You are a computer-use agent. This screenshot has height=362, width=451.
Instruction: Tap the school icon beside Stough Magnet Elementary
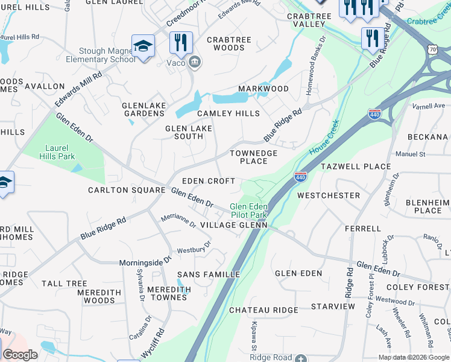pos(143,46)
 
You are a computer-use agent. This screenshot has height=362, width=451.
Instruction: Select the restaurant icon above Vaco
pos(181,42)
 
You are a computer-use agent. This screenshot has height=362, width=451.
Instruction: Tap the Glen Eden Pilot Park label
pos(248,211)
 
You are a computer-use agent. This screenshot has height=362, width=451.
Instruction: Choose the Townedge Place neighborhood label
pos(254,157)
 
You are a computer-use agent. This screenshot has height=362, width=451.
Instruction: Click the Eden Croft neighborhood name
pos(209,181)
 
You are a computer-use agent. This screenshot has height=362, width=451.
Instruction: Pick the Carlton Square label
pos(127,190)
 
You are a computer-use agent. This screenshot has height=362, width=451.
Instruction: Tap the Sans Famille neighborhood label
pos(209,275)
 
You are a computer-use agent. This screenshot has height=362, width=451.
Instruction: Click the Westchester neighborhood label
pos(329,195)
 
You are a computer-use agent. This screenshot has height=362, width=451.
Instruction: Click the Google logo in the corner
pos(20,355)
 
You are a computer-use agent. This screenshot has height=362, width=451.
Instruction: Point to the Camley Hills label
pos(229,113)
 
